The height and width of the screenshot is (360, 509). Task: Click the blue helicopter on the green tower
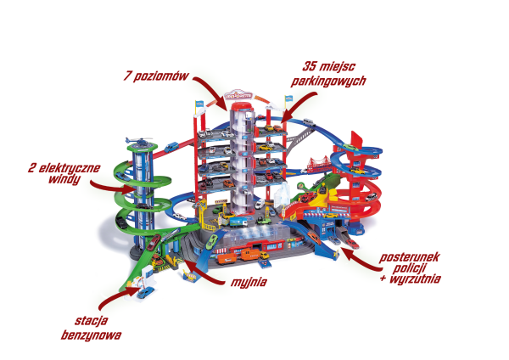pyautogui.click(x=140, y=141)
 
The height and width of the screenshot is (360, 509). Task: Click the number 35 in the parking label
pyautogui.click(x=309, y=66)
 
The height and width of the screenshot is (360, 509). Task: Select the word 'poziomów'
pyautogui.click(x=161, y=76)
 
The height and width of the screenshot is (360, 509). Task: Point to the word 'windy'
pyautogui.click(x=64, y=179)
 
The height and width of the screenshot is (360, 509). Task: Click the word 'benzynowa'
pyautogui.click(x=91, y=335)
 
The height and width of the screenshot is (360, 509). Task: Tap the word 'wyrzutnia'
pyautogui.click(x=415, y=278)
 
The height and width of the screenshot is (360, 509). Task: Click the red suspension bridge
pyautogui.click(x=320, y=165)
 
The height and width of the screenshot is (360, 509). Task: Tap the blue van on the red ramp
pyautogui.click(x=171, y=147)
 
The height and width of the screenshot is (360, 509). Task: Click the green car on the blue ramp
pyautogui.click(x=211, y=241)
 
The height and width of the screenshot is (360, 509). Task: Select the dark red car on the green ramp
pyautogui.click(x=154, y=242)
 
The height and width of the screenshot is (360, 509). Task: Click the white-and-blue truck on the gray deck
pyautogui.click(x=238, y=222)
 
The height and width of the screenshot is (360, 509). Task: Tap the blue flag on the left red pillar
pyautogui.click(x=199, y=103)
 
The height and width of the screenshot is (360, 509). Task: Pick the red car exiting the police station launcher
pyautogui.click(x=352, y=244)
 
